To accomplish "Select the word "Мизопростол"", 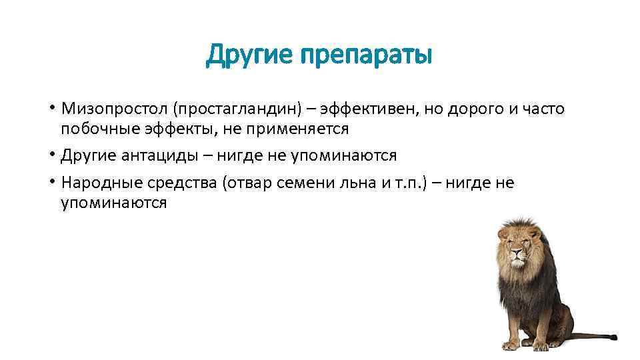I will click(x=114, y=108).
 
